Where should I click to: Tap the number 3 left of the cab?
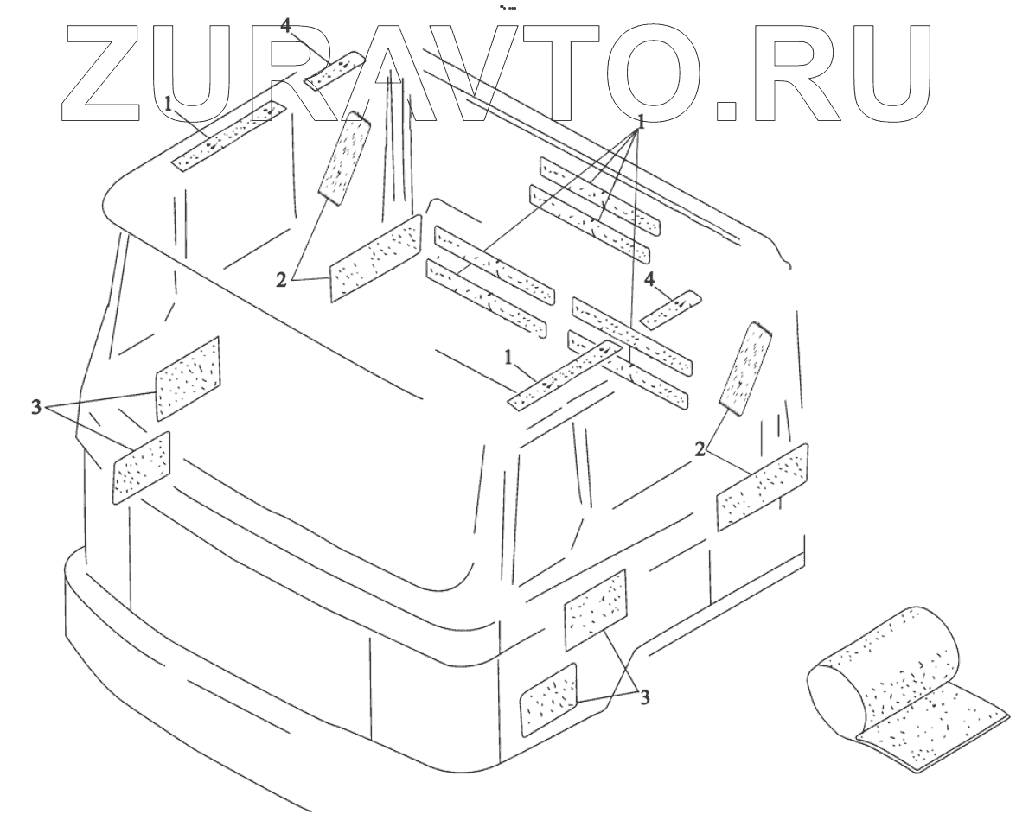tap(35, 407)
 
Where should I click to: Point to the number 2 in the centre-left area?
tap(282, 279)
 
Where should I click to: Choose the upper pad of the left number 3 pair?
tap(188, 378)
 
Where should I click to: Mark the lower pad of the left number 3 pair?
tap(143, 467)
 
